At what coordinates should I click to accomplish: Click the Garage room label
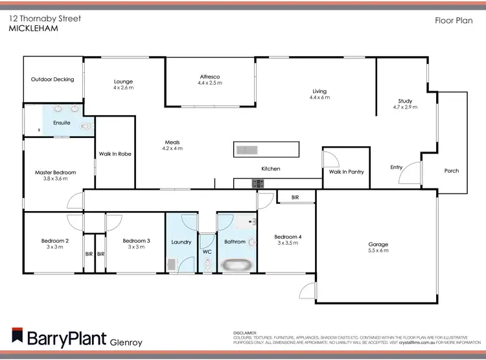pos(378,244)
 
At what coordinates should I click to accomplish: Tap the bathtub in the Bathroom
pos(235,264)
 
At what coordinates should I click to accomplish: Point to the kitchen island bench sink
pos(247,150)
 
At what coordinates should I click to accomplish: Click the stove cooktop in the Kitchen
pos(259,184)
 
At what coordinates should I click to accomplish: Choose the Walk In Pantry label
pos(346,172)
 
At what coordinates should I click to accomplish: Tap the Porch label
pos(452,171)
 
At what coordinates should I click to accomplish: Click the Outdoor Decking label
pos(52,80)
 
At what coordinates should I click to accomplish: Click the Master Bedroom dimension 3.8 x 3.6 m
pos(55,179)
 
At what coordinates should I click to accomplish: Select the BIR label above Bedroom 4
pos(295,197)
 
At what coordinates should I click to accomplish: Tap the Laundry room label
pos(181,242)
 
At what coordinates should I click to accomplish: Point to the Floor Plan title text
pos(452,21)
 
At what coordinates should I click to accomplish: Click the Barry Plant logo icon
pos(16,336)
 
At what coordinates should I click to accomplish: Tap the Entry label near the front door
pos(396,168)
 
